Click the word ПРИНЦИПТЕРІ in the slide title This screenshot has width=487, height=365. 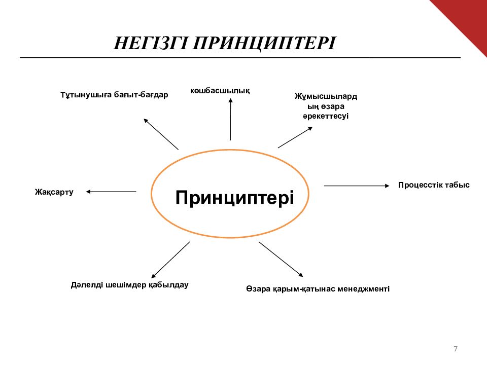(263, 43)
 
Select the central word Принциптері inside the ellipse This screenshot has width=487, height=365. (235, 197)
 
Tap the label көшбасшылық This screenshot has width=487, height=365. (220, 91)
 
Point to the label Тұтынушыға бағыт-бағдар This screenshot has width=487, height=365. (114, 95)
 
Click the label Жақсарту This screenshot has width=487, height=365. (54, 192)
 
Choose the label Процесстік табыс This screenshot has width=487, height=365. (434, 185)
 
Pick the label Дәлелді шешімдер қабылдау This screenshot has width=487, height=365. (130, 285)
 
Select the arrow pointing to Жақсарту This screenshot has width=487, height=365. (111, 192)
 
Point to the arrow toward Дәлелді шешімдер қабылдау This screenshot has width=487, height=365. (171, 259)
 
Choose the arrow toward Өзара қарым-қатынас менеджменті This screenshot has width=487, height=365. (281, 259)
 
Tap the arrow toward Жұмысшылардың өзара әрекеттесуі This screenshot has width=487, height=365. (295, 137)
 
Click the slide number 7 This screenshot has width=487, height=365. (456, 349)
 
